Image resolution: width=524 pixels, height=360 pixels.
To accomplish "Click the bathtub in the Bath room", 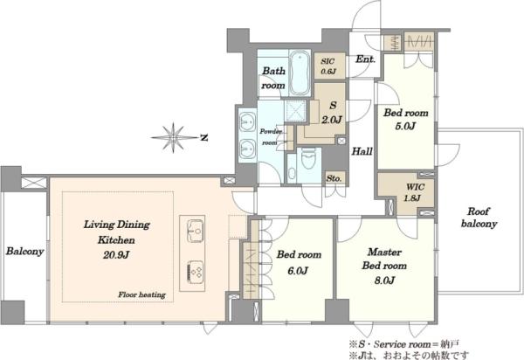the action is pyautogui.click(x=300, y=73).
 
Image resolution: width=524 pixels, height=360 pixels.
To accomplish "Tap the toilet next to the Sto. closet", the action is pyautogui.click(x=308, y=160).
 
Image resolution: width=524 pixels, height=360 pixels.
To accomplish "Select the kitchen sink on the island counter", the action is pyautogui.click(x=196, y=231).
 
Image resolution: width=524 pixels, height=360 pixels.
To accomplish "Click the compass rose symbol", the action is pyautogui.click(x=174, y=137).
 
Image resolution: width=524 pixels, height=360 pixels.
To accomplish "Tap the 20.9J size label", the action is pyautogui.click(x=116, y=255).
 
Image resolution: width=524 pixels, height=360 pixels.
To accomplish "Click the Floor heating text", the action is pyautogui.click(x=141, y=294).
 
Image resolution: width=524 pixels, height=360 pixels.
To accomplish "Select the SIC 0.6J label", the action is pyautogui.click(x=328, y=66).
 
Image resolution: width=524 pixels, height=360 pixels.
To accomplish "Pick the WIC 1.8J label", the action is pyautogui.click(x=412, y=192).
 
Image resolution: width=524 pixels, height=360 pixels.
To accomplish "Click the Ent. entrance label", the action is pyautogui.click(x=365, y=59).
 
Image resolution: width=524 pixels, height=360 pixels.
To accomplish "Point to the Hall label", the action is pyautogui.click(x=362, y=151).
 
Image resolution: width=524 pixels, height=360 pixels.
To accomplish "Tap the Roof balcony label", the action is pyautogui.click(x=479, y=218).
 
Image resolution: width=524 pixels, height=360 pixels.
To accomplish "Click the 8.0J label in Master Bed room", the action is pyautogui.click(x=384, y=280).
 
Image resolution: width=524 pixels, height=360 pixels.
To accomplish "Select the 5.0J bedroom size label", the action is pyautogui.click(x=405, y=127).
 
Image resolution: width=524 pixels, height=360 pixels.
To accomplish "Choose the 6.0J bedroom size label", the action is pyautogui.click(x=298, y=270).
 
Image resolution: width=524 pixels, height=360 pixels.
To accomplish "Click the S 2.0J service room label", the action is pyautogui.click(x=332, y=113).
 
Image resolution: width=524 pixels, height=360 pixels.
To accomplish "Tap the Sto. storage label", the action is pyautogui.click(x=334, y=178).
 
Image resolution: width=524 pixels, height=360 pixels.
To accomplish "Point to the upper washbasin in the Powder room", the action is pyautogui.click(x=247, y=121).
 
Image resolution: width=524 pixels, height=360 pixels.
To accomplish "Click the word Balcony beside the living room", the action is pyautogui.click(x=24, y=252).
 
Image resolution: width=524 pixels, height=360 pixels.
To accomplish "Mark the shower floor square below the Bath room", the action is pyautogui.click(x=295, y=110).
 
